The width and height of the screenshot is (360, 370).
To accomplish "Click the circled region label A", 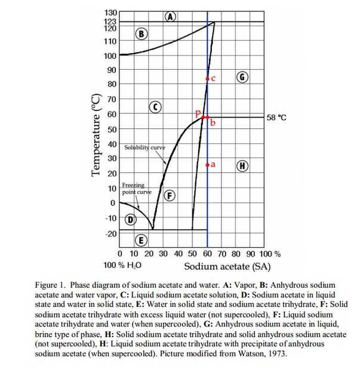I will (x=171, y=16).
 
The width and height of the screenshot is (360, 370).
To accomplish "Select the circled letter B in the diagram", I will (x=141, y=33).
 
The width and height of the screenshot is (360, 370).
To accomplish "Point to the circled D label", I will (x=129, y=220).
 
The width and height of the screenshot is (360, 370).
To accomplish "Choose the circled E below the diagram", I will (x=141, y=240).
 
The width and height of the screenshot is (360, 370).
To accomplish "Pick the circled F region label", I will (x=170, y=195).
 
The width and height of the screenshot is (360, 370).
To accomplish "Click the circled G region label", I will (x=242, y=78).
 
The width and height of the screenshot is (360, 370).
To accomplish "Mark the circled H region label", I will (x=242, y=165).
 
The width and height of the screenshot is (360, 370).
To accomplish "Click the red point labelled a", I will (x=207, y=165).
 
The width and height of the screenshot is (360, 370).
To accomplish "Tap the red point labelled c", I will (x=207, y=79).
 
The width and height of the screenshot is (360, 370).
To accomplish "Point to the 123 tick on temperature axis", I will (x=109, y=21).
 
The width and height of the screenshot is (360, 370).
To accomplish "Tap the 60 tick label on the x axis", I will (x=207, y=253).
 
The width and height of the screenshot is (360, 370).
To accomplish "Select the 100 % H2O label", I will (x=122, y=265).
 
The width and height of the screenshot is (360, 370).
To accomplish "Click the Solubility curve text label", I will (x=145, y=147).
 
